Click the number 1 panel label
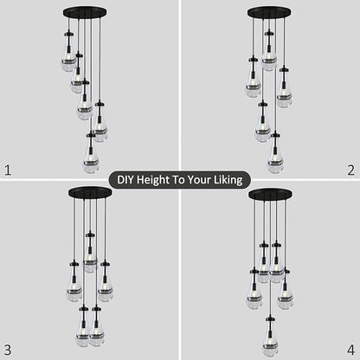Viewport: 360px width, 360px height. (9, 170)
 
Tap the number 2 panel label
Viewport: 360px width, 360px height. (350, 170)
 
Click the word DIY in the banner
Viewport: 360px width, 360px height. (126, 180)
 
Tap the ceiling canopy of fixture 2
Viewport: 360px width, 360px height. (269, 13)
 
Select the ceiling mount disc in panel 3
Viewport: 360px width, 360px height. (90, 192)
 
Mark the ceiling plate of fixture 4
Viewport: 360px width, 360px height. (269, 192)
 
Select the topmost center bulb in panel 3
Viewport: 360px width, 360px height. (90, 260)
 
